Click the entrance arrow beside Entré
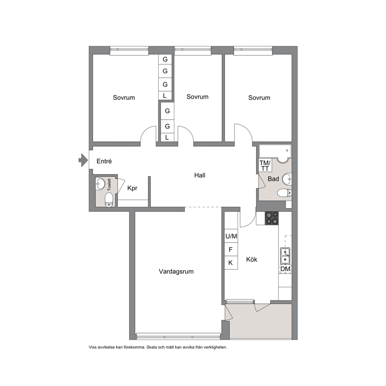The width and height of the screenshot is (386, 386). [x=83, y=160]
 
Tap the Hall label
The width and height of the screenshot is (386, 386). [x=200, y=175]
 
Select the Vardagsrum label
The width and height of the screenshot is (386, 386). [x=176, y=272]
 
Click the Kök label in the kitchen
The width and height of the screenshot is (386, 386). [x=252, y=259]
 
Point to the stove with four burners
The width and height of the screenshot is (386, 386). [x=272, y=218]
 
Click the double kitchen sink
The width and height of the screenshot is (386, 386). [x=285, y=256]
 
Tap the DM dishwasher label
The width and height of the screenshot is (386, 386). [x=285, y=269]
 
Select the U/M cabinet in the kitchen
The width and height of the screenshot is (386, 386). [x=231, y=236]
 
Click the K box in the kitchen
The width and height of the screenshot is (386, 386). [x=231, y=263]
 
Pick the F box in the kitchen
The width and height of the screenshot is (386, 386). [x=231, y=250]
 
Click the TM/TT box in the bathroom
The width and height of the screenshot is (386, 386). [x=265, y=165]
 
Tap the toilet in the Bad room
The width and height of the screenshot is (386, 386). [x=284, y=193]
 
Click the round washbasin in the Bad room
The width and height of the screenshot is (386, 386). [x=287, y=179]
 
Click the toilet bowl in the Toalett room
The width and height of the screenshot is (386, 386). [x=109, y=199]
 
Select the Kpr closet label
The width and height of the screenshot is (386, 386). [x=132, y=188]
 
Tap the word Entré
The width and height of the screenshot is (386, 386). [x=104, y=161]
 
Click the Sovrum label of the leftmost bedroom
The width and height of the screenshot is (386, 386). [x=124, y=98]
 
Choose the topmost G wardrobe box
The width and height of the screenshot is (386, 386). [x=165, y=59]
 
